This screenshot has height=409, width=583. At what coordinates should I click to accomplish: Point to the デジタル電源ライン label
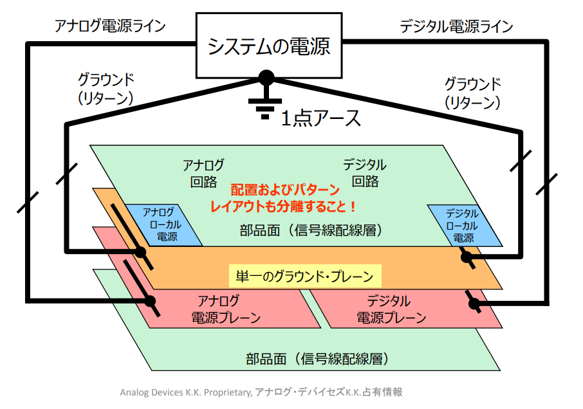pyautogui.click(x=456, y=26)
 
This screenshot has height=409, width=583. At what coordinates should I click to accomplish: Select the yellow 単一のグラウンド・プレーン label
pyautogui.click(x=305, y=277)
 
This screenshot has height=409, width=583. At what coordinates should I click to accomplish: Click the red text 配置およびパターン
pyautogui.click(x=284, y=190)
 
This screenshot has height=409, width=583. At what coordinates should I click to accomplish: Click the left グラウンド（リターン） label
pyautogui.click(x=106, y=89)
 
